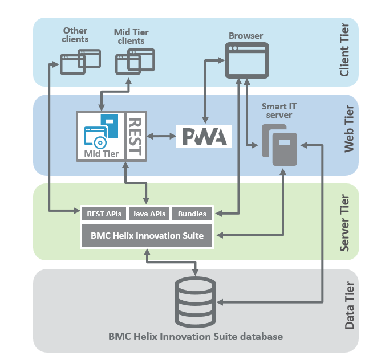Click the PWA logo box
coord(204,136)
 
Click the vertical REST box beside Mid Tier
coord(135,136)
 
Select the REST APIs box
coord(103,214)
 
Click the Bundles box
coord(192,214)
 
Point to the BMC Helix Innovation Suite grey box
coord(147,235)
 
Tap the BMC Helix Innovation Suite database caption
coord(195,337)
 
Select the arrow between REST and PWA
coord(161,136)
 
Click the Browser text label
coord(246,36)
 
